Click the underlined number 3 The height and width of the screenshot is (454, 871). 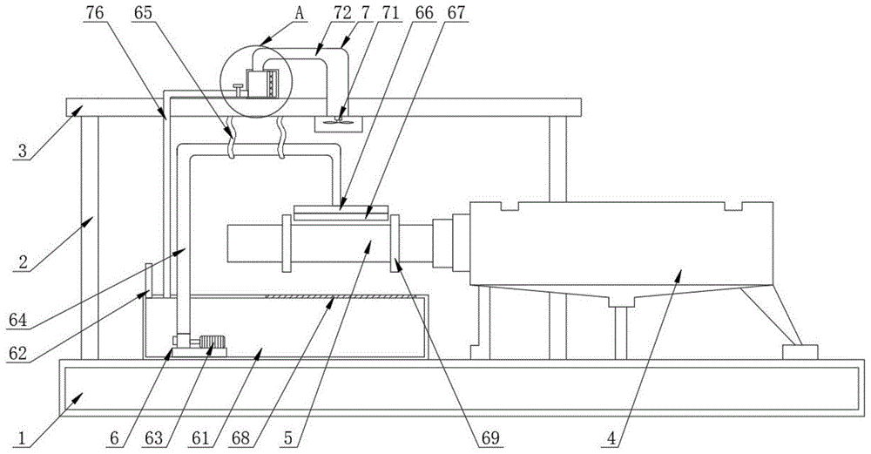25,151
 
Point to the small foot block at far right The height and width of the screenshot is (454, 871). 800,352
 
